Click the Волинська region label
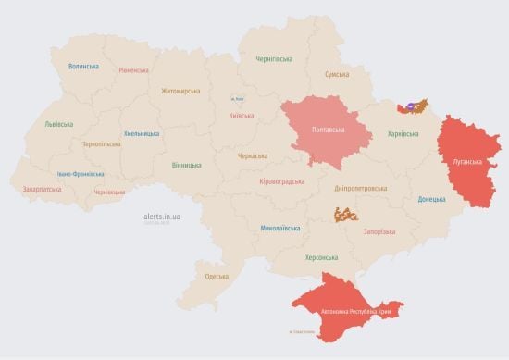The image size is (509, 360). [x=83, y=66]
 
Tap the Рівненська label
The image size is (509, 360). [x=135, y=70]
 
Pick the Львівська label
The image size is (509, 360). [x=60, y=123]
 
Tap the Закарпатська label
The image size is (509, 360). [x=42, y=189]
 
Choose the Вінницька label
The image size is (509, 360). [x=186, y=165]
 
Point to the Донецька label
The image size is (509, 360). [x=431, y=199]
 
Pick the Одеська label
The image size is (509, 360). [x=217, y=277]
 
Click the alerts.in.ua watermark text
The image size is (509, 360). [x=162, y=215]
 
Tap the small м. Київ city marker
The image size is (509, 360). [x=237, y=98]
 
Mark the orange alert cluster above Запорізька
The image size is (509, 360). [x=346, y=214]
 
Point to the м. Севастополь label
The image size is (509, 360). [x=303, y=332]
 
